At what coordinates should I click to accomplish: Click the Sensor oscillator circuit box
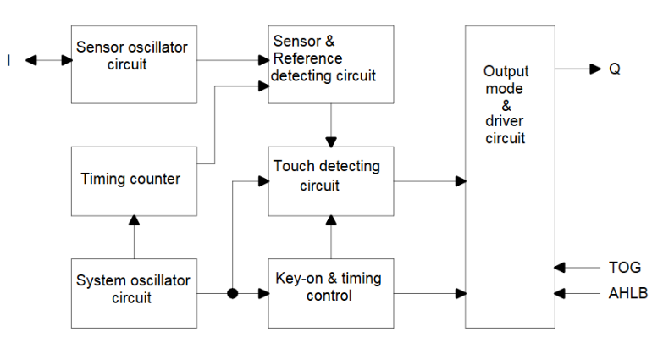click(134, 64)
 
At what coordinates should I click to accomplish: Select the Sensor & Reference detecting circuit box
click(331, 64)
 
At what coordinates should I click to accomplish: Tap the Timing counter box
click(134, 180)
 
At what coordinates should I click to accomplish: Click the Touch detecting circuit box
click(331, 180)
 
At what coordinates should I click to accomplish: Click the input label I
click(9, 61)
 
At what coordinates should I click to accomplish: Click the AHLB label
click(626, 294)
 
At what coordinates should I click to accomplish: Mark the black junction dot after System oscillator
click(231, 294)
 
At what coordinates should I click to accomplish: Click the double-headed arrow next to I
click(48, 61)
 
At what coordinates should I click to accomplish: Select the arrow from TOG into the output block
click(577, 267)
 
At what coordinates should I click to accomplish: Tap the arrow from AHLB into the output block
click(577, 294)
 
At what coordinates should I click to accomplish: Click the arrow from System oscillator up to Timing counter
click(134, 237)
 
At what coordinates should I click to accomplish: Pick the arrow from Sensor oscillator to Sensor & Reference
click(233, 61)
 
